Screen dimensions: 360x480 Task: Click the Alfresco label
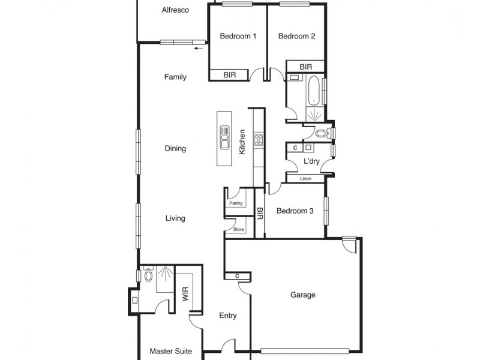click(176, 10)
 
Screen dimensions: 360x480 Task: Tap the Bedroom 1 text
click(238, 36)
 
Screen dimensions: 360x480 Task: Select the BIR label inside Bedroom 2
click(305, 67)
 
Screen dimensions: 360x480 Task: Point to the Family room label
click(175, 77)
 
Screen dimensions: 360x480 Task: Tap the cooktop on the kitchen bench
click(259, 140)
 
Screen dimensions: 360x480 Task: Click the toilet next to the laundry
click(321, 133)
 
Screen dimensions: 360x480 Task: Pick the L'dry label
click(311, 162)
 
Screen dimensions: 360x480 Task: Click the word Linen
click(305, 179)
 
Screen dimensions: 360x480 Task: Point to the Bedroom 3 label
click(295, 211)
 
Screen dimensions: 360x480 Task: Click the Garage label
click(302, 295)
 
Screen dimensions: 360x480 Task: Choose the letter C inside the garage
click(238, 276)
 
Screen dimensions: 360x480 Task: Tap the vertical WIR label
click(185, 294)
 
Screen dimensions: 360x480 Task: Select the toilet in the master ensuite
click(147, 275)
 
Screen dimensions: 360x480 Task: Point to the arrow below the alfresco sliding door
click(199, 49)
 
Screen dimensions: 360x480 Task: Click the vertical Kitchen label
click(242, 142)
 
